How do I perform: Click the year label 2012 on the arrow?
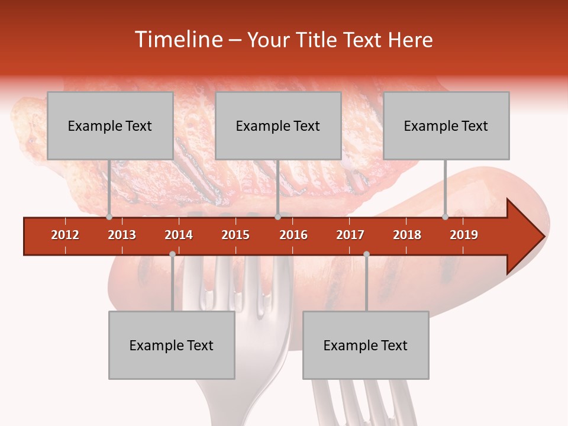[x=65, y=235]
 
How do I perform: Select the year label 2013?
[x=122, y=235]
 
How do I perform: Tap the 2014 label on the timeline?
[x=179, y=235]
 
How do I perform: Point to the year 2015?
[x=235, y=235]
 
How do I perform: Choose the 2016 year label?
[x=293, y=235]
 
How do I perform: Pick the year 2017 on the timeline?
[x=350, y=235]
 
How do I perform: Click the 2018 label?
[x=407, y=235]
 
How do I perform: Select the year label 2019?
[x=464, y=235]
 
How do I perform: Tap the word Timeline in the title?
[x=178, y=40]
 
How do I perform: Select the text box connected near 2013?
[x=110, y=125]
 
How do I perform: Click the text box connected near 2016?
[x=278, y=125]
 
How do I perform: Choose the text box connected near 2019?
[x=446, y=125]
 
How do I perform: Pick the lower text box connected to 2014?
[x=172, y=345]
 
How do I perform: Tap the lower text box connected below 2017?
[x=366, y=345]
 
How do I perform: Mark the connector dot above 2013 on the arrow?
[x=109, y=217]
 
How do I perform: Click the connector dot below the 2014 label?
[x=172, y=254]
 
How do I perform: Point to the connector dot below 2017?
[x=366, y=254]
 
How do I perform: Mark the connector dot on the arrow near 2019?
[x=445, y=217]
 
